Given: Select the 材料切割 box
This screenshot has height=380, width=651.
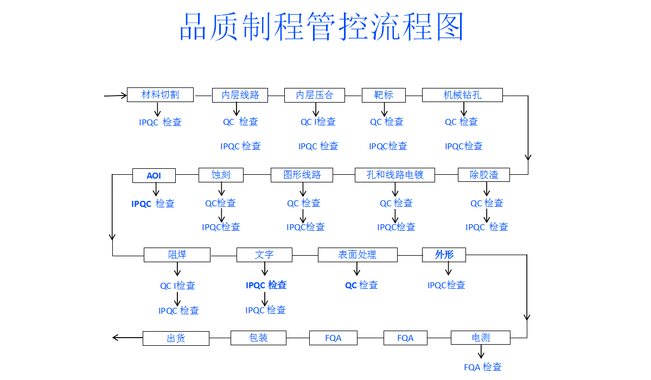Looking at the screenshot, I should [x=160, y=94].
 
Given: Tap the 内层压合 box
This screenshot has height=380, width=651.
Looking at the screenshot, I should [x=315, y=95].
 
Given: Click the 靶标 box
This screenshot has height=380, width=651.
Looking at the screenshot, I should [x=384, y=95].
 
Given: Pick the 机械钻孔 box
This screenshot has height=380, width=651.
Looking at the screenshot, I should [x=462, y=95].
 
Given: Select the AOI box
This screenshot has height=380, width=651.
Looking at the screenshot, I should [x=154, y=175].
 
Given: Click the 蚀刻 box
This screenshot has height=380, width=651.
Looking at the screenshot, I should [x=221, y=175].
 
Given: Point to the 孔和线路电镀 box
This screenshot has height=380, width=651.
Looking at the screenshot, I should [x=395, y=175].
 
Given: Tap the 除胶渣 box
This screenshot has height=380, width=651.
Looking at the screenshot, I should [x=484, y=175].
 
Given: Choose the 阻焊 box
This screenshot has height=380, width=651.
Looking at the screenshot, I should [x=177, y=255].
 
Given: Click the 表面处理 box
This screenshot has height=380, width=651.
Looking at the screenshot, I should [x=357, y=255].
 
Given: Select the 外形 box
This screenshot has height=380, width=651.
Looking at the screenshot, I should [x=444, y=255].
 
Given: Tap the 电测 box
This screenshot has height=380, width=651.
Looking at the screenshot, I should [x=481, y=338].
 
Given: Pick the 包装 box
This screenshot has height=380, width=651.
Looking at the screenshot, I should [x=258, y=338].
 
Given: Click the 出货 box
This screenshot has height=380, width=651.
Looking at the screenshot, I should [x=176, y=338].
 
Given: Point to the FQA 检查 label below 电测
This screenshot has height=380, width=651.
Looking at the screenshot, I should [x=483, y=368].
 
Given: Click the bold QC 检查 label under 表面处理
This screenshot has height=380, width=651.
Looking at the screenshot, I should [x=361, y=285].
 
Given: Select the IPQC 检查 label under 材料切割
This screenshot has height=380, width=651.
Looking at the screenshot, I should [x=160, y=123].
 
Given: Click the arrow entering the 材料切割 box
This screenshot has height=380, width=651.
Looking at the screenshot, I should [x=116, y=96].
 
